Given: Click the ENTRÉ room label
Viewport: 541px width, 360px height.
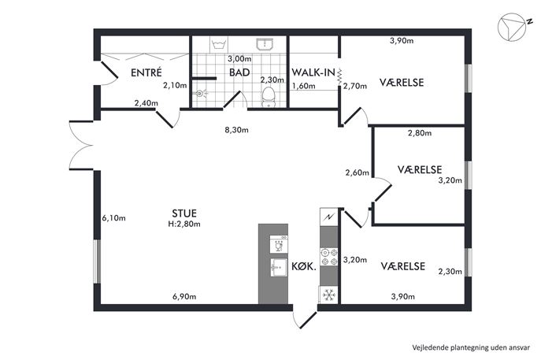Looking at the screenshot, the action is coord(146,72).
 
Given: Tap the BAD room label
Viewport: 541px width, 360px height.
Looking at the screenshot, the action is coord(239,72).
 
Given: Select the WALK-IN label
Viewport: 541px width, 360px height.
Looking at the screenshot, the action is coord(313,72).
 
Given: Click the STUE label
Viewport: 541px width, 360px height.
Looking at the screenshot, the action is coord(184,213).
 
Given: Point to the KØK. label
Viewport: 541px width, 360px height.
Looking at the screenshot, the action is coord(304,266).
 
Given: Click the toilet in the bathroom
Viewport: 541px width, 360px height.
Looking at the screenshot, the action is coord(268,97).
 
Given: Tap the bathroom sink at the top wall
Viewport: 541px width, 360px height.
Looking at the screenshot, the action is coord(265,44).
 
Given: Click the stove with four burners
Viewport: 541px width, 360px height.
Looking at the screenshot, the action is coord(329,257).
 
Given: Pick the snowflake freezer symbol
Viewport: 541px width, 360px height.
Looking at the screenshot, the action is coord(329,295).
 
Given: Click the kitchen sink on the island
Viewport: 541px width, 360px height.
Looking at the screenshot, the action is coord(279,268).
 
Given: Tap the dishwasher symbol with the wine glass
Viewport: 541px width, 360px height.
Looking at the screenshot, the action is coord(279,244).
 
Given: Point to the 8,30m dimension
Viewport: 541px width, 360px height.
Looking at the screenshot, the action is coord(237,130).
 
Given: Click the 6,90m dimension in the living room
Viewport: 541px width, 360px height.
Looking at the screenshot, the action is coord(184,296).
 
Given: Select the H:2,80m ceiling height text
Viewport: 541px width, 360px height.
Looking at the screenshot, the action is coord(184,224).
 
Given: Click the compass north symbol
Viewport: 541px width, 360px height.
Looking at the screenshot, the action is coord(513,27).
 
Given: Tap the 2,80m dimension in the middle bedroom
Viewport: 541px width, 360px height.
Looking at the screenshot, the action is coord(420,133).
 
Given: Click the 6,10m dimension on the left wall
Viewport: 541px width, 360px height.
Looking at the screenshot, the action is coord(114,218).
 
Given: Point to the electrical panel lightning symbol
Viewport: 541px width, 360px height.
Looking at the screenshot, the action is coord(329,217).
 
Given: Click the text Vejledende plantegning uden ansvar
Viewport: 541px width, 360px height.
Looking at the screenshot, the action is coord(471,347).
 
